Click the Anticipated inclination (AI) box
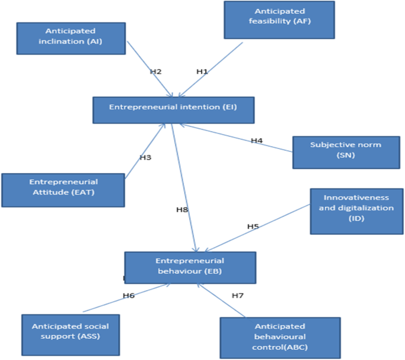click(x=71, y=38)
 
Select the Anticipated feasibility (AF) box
click(x=280, y=20)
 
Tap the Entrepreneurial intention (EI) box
click(x=174, y=110)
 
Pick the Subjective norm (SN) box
click(x=346, y=153)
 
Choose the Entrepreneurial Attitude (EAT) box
click(x=63, y=190)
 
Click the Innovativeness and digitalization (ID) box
click(x=357, y=212)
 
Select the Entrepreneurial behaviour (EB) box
click(x=190, y=268)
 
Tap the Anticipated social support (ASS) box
click(x=70, y=335)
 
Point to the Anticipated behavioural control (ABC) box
click(x=280, y=338)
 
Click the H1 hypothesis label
click(x=202, y=72)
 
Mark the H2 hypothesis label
click(x=155, y=72)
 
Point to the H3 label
click(x=145, y=157)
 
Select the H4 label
click(x=257, y=141)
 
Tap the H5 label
click(x=253, y=226)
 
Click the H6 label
click(x=129, y=296)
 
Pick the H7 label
click(x=238, y=296)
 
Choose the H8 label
click(x=182, y=210)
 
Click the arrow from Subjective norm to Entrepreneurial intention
click(x=236, y=138)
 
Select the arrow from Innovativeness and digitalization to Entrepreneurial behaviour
click(x=257, y=228)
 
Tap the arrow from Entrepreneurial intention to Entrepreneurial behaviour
click(x=184, y=188)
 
